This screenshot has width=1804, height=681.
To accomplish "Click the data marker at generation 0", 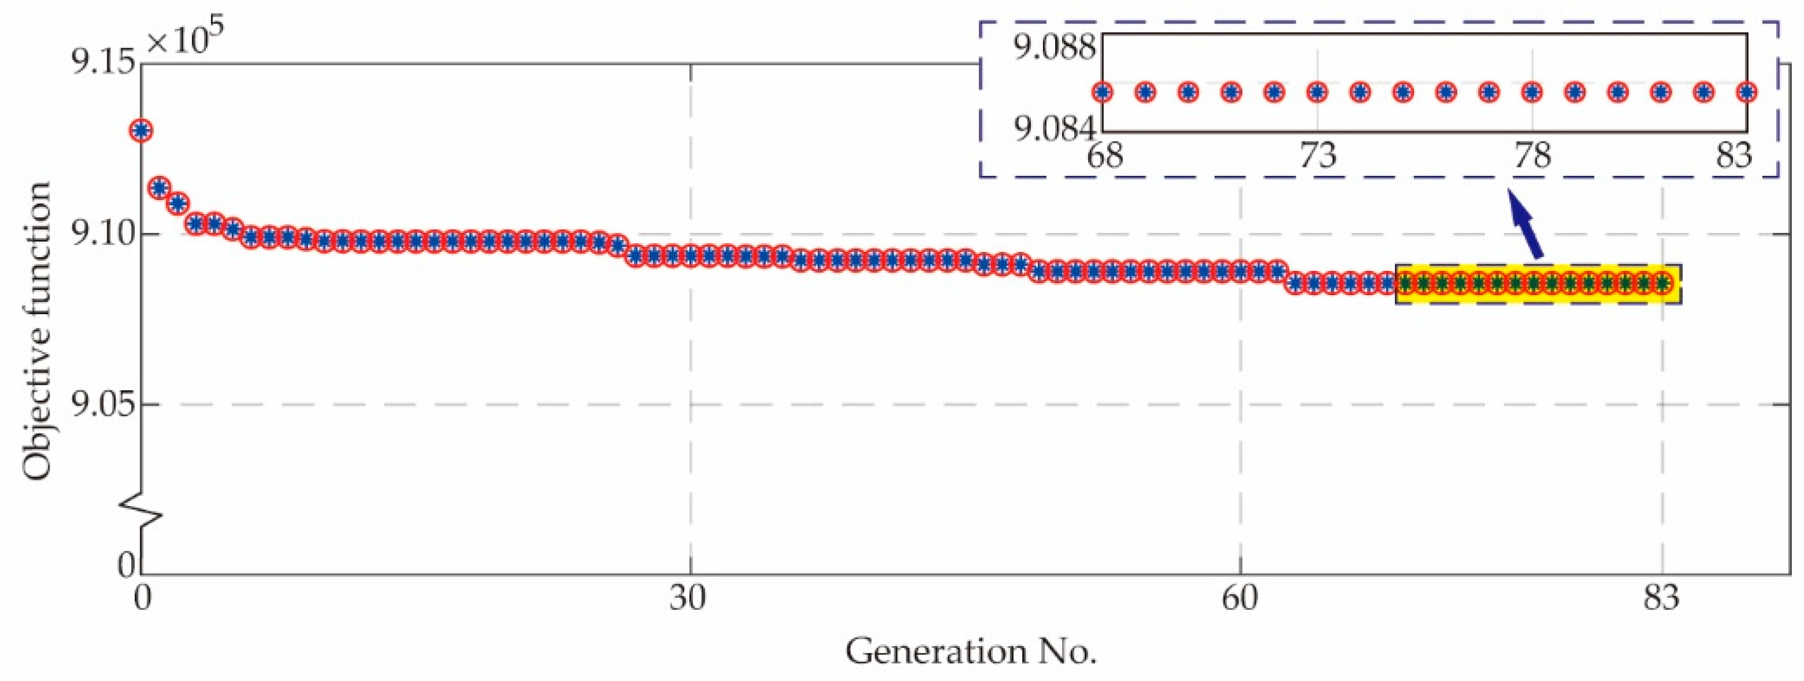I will (142, 131).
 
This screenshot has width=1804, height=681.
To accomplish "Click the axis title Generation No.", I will (970, 652).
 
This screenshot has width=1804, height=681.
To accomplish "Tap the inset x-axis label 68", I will (1105, 156).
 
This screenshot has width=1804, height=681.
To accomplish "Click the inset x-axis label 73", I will (1318, 156).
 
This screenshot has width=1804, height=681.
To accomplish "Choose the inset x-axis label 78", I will (1532, 156).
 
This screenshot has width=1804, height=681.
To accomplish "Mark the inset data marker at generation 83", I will (1747, 93).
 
